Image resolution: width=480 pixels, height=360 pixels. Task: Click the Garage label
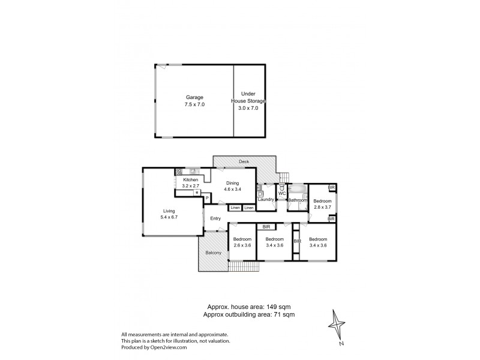tap(194, 97)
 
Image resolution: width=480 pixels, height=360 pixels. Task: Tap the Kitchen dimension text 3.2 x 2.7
tap(191, 186)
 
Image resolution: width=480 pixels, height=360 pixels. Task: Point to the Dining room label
tap(232, 184)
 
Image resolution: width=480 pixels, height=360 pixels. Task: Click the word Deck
tap(244, 161)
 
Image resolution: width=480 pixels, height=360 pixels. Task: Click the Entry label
tap(215, 219)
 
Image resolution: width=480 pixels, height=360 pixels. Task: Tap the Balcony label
tap(214, 253)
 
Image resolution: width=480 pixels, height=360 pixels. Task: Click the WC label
tap(281, 193)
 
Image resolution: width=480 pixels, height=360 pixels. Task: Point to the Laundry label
tap(266, 199)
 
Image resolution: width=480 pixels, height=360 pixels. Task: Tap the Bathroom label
tap(297, 199)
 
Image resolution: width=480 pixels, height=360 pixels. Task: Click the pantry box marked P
tap(206, 197)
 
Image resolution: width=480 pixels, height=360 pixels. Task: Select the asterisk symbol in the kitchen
tap(196, 193)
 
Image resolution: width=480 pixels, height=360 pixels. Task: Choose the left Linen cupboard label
tap(235, 208)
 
